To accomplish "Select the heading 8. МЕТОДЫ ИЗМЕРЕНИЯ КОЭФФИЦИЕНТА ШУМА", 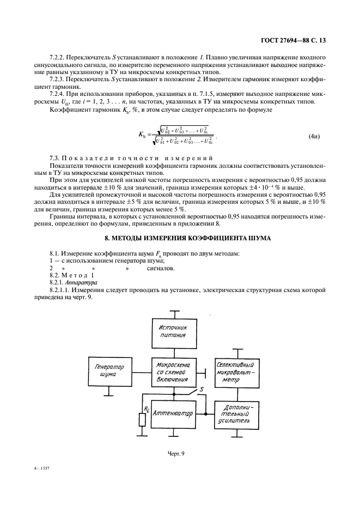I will (x=180, y=238).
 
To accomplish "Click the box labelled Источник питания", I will (x=173, y=332).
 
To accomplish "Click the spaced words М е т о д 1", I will (x=82, y=276).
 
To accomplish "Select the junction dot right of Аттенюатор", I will (x=205, y=414).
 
